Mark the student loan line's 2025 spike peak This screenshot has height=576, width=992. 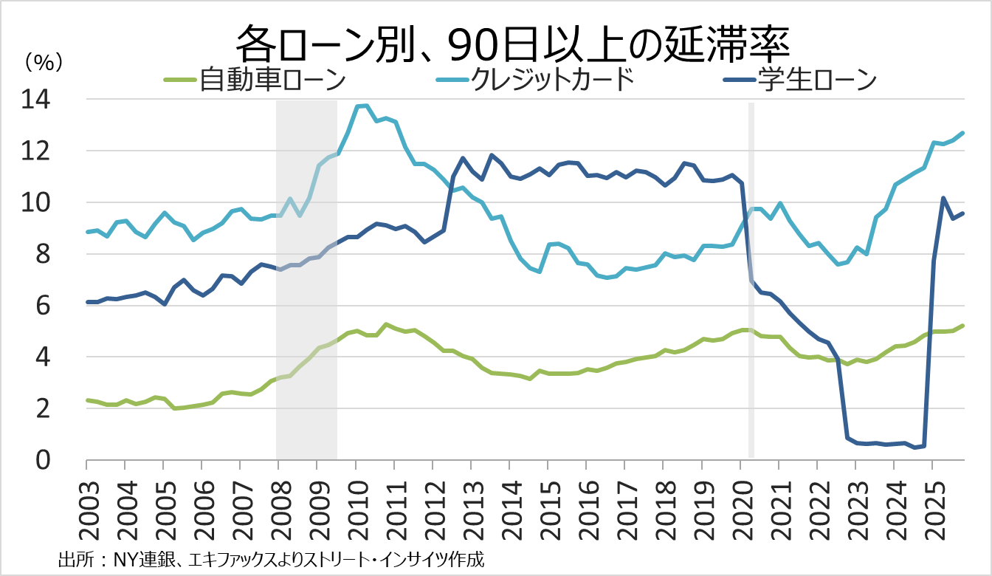pos(943,198)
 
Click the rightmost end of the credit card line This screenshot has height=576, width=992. pos(963,133)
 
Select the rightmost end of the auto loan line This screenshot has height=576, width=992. pos(963,326)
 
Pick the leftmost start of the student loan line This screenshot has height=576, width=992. pos(87,302)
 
